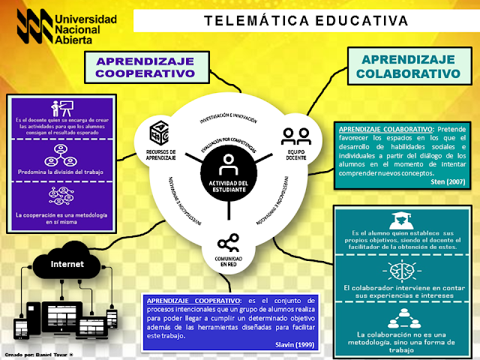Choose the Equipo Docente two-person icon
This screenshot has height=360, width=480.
point(296,135)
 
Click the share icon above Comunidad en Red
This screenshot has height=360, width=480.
point(228,243)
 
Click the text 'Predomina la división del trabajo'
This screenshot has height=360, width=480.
point(60,172)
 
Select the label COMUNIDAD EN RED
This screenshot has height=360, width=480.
point(228,262)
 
